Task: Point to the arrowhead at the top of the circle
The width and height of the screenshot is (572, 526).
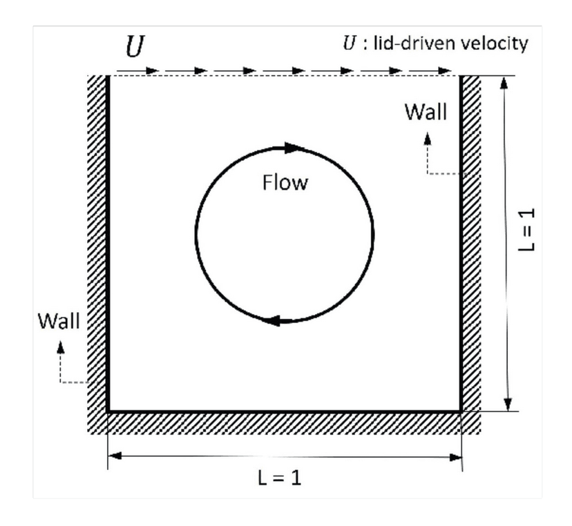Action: [294, 147]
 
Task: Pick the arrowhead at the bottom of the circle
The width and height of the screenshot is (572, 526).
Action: [274, 320]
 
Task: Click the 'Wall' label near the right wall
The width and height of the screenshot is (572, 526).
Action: [425, 112]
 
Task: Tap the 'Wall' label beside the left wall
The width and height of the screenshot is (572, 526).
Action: [58, 320]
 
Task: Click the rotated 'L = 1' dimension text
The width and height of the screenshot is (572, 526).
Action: [527, 231]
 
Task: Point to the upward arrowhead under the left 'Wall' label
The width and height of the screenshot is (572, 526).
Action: [61, 346]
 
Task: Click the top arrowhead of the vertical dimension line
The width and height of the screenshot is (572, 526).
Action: [507, 82]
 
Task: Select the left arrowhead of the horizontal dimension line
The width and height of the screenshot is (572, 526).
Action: [115, 456]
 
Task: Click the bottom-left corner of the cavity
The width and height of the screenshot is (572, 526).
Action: [108, 411]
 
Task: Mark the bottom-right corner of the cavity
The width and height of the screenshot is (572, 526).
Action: [460, 411]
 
